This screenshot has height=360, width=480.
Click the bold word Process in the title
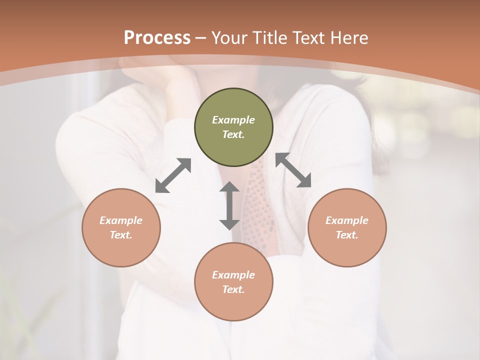click(157, 38)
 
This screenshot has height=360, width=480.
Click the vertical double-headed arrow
click(229, 205)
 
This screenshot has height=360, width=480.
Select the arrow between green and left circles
click(173, 175)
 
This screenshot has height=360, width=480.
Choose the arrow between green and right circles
click(293, 170)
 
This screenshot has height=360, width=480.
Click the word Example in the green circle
click(233, 120)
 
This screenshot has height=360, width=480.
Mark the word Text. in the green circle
click(233, 134)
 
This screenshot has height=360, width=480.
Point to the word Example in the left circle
click(121, 220)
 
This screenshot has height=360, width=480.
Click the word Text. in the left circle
click(121, 235)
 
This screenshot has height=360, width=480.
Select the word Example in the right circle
click(347, 220)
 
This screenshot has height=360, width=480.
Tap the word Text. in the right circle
click(347, 235)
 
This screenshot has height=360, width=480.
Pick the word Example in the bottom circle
click(233, 275)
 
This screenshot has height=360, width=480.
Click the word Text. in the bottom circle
click(233, 289)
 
